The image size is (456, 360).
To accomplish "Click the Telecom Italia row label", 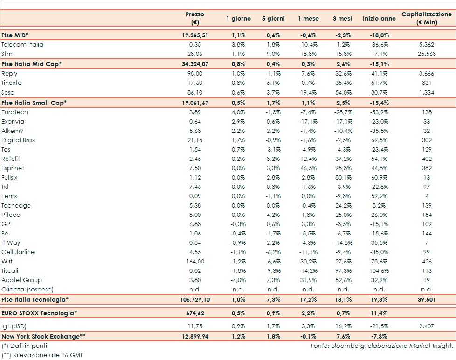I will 22,45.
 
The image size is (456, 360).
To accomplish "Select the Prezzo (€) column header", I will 194,19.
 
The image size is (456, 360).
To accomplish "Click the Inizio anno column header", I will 378,19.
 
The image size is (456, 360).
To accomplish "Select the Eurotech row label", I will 14,112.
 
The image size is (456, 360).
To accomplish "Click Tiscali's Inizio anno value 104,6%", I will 378,271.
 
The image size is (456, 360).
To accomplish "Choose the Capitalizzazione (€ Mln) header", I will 427,19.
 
